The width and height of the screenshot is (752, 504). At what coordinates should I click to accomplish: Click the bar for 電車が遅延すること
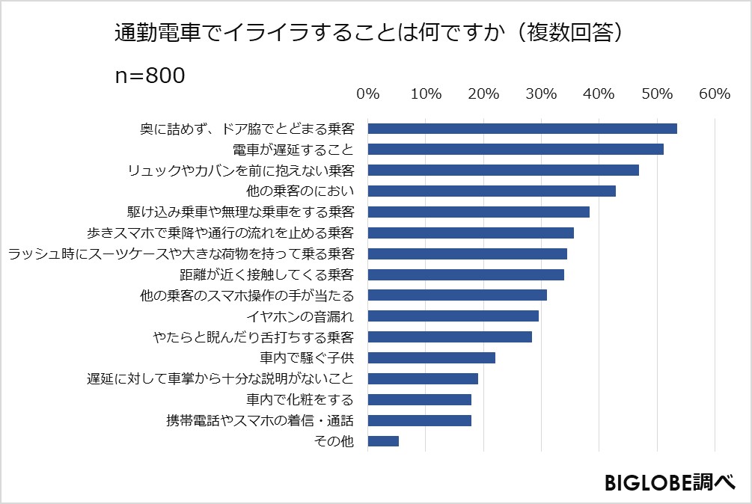[x=516, y=149]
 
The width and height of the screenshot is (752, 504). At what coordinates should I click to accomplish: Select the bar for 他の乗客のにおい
[x=492, y=191]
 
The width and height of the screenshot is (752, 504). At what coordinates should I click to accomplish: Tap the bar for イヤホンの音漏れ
[x=453, y=316]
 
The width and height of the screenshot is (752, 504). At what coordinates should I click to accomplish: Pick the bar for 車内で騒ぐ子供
[x=431, y=357]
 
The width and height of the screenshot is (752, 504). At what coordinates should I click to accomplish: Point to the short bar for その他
[x=383, y=441]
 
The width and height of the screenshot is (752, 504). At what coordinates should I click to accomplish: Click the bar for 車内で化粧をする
[x=419, y=399]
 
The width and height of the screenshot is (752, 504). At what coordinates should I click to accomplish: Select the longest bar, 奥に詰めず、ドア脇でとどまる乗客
[x=522, y=128]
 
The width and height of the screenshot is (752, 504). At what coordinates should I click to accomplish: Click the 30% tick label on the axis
[x=541, y=94]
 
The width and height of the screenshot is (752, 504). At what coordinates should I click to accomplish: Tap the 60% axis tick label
[x=714, y=94]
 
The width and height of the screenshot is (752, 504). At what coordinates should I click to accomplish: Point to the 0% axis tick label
[x=368, y=94]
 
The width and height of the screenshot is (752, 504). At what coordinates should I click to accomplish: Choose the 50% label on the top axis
[x=656, y=94]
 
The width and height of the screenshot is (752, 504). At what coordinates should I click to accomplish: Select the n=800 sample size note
[x=150, y=76]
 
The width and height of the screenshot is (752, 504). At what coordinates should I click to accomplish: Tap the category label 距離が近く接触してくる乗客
[x=266, y=274]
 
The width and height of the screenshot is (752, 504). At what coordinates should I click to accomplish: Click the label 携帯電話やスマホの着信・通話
[x=259, y=420]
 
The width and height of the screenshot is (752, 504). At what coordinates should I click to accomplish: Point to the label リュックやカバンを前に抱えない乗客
[x=241, y=170]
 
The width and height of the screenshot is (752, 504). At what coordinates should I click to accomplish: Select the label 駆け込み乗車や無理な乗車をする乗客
[x=241, y=212]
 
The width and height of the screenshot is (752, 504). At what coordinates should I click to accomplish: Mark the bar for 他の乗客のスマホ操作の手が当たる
[x=457, y=295]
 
